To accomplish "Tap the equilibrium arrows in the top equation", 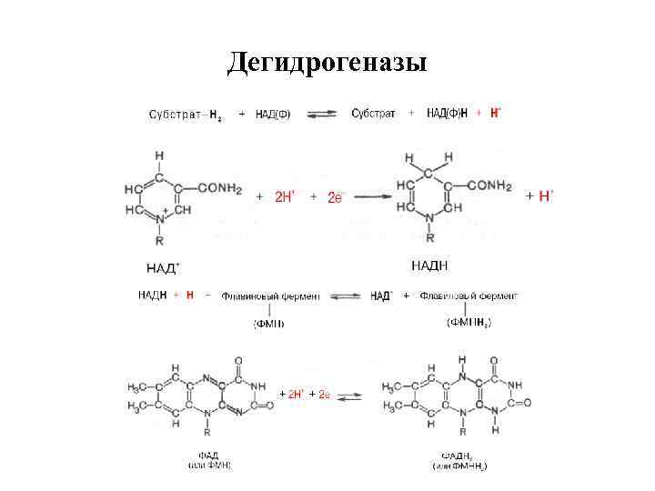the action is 323,114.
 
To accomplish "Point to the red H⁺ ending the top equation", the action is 495,113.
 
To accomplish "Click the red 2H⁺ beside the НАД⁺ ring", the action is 286,196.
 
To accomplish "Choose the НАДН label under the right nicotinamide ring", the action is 430,266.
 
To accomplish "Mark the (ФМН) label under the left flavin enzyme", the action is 269,323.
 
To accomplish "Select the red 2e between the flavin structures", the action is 321,394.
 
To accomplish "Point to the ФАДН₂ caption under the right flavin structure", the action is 458,456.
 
